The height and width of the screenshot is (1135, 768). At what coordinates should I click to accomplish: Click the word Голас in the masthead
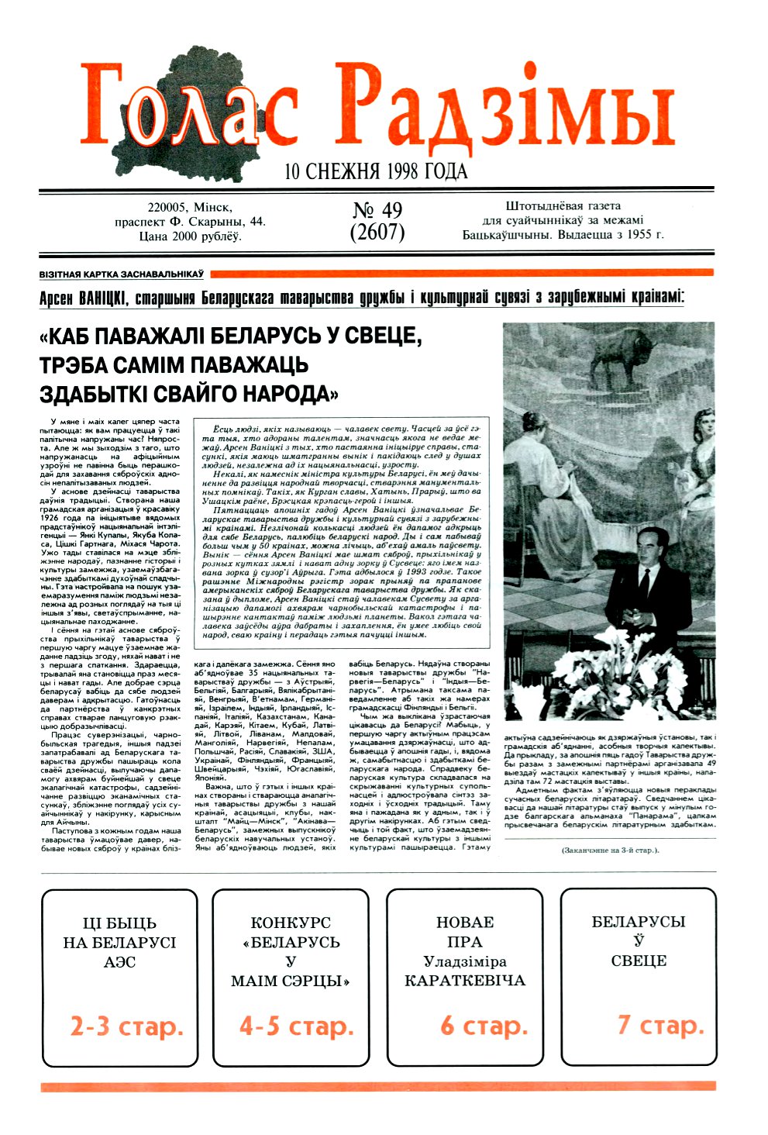[190, 109]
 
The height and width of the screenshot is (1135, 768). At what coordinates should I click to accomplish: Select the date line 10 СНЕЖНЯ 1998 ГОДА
[376, 171]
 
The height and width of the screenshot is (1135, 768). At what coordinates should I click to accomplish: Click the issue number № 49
[377, 211]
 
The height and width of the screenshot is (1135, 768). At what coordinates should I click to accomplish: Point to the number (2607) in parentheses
[377, 232]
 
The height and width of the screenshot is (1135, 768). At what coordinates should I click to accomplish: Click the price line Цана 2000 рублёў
[190, 236]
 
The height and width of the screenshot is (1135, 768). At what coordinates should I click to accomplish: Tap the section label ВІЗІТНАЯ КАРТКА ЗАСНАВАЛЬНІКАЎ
[122, 274]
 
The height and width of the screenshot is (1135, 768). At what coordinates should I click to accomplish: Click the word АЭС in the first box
[119, 962]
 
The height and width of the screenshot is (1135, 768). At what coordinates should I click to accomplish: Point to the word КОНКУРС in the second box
[291, 923]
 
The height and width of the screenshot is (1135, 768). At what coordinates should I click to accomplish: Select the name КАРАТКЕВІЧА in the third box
[465, 981]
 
